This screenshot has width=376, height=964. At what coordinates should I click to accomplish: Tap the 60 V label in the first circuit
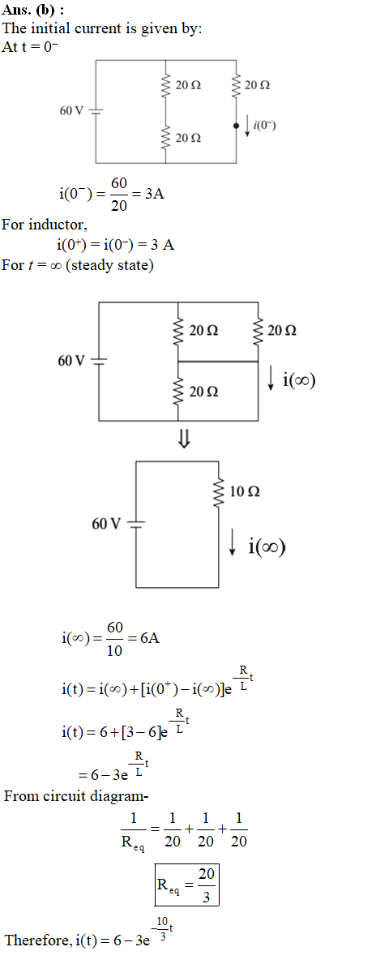click(71, 110)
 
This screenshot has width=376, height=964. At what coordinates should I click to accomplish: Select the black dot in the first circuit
click(237, 126)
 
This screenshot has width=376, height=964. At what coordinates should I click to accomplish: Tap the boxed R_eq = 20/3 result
click(187, 884)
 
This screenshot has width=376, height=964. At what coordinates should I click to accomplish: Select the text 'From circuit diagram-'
click(77, 796)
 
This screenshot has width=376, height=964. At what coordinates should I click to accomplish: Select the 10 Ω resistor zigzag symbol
click(217, 492)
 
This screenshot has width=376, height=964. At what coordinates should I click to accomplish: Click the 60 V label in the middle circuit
click(72, 360)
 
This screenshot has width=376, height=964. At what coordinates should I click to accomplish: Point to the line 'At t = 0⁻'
click(31, 47)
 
